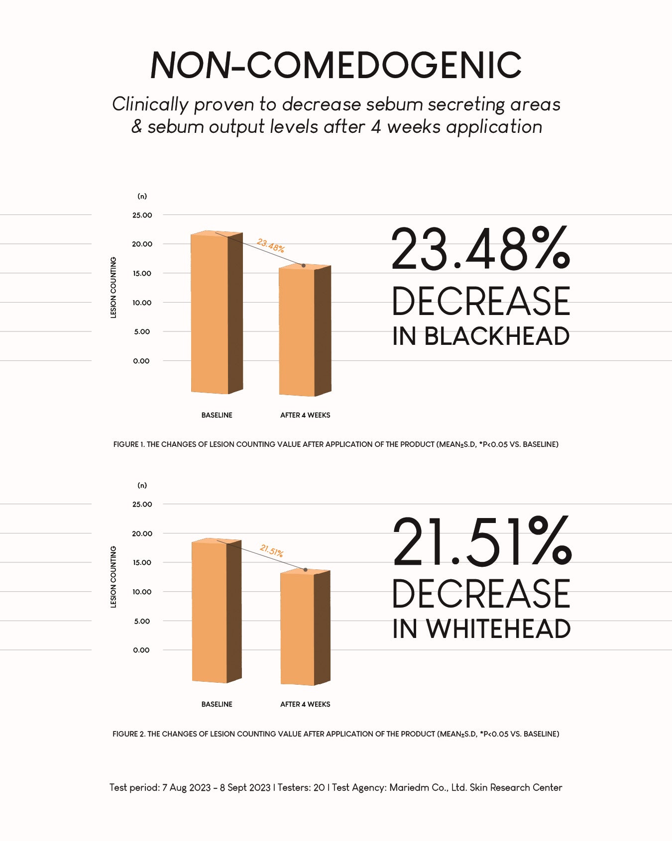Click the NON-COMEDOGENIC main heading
[336, 65]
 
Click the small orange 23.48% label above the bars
[270, 245]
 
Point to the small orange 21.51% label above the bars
[272, 551]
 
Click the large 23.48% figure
[480, 249]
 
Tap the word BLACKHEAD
[497, 336]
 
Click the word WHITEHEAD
[498, 629]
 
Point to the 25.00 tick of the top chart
[142, 215]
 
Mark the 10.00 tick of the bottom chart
[142, 592]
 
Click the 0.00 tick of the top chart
[141, 361]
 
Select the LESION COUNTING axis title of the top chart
[113, 288]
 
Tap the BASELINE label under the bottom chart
[217, 704]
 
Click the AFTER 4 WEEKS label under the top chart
[305, 415]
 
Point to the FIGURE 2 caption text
[336, 734]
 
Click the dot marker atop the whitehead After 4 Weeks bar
[306, 569]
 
